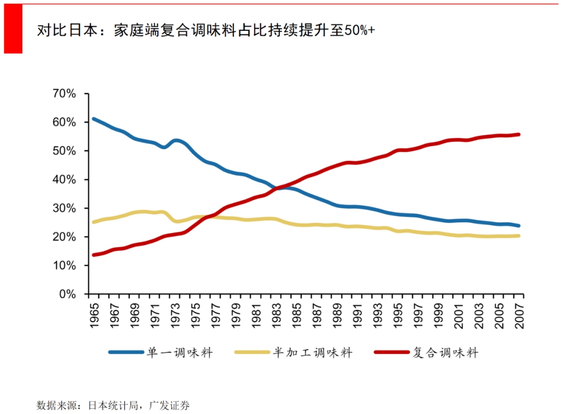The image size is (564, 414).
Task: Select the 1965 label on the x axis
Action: tap(95, 314)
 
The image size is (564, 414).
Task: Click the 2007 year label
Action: tap(520, 314)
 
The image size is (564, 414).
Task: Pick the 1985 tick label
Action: tap(297, 314)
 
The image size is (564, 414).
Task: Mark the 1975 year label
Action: tap(196, 314)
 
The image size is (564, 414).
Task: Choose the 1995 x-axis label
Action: tap(398, 314)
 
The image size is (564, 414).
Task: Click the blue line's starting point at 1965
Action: tap(93, 119)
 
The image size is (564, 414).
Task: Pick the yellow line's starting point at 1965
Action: tap(93, 222)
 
